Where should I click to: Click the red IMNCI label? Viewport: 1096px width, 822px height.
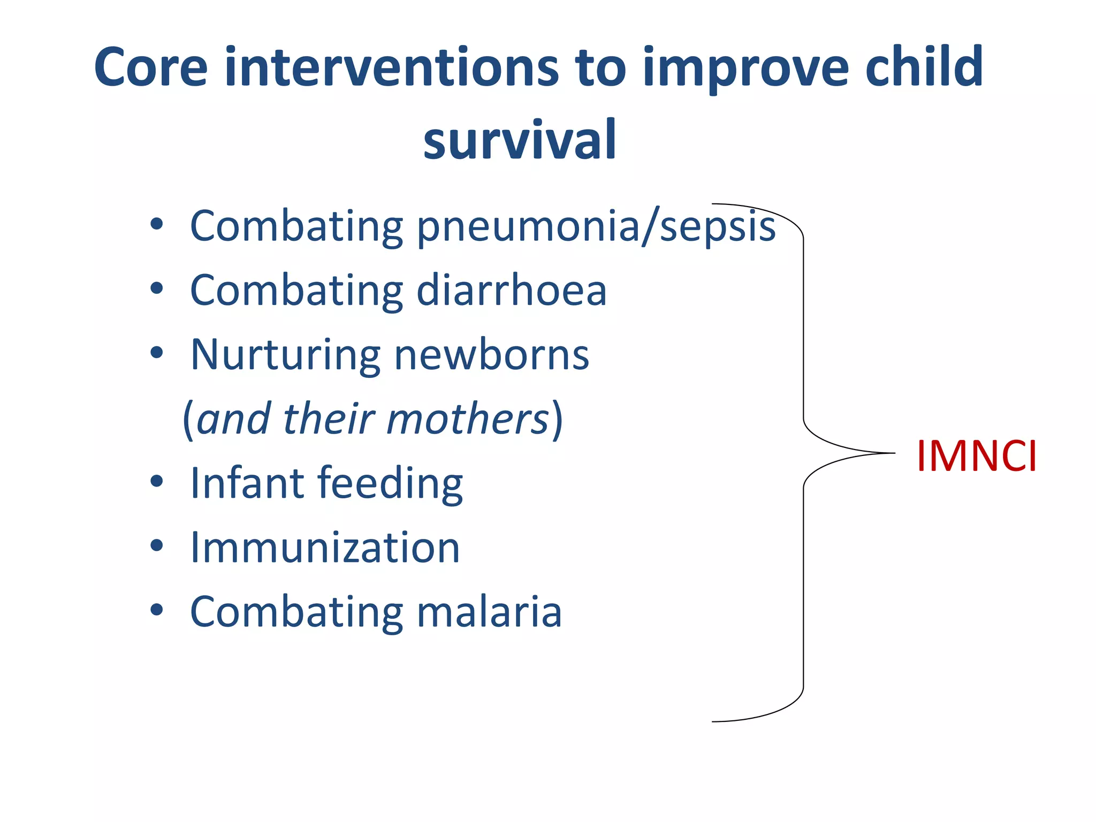pos(976,456)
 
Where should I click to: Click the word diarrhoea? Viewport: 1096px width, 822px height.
pos(511,291)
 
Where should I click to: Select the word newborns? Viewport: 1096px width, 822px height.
pos(491,355)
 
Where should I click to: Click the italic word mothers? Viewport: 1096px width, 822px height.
pos(467,419)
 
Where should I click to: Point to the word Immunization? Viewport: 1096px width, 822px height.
pos(325,547)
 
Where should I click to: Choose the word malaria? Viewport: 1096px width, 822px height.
pos(489,612)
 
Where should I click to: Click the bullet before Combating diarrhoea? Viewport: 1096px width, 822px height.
pos(156,289)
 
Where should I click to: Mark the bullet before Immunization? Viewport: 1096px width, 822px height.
pos(156,546)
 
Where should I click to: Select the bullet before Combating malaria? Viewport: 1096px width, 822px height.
pos(156,610)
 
